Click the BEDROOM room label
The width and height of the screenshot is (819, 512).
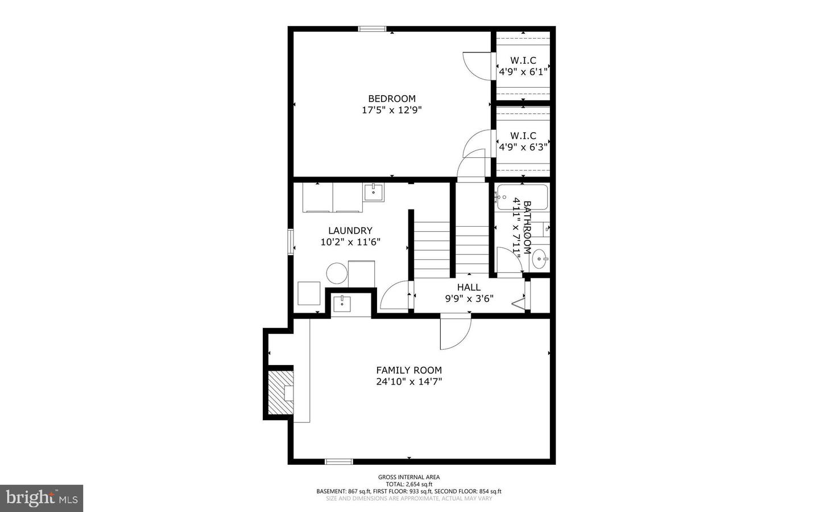coord(392,99)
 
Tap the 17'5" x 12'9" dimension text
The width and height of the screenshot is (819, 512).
coord(392,110)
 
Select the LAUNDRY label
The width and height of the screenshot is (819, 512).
coord(350,230)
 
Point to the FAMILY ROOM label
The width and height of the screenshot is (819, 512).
coord(409,370)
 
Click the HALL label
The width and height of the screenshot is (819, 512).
coord(469,287)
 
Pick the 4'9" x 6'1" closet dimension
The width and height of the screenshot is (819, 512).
coord(523,72)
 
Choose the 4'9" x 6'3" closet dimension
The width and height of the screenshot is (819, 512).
coord(523,148)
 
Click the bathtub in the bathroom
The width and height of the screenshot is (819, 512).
coord(523,197)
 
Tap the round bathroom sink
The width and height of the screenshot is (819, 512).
coord(540,259)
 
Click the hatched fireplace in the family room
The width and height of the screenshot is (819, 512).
coord(281,392)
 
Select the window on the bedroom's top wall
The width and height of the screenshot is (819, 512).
coord(372,29)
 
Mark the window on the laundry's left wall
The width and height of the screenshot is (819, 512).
coord(291,241)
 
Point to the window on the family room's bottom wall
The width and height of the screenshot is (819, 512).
coord(339,461)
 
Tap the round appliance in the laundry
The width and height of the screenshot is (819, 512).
coord(337,273)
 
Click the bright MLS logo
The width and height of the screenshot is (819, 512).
coord(42,498)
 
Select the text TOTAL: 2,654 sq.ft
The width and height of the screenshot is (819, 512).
coord(409,484)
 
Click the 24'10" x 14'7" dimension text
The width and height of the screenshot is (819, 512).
coord(409,382)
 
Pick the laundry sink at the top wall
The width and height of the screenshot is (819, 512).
coord(374,192)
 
